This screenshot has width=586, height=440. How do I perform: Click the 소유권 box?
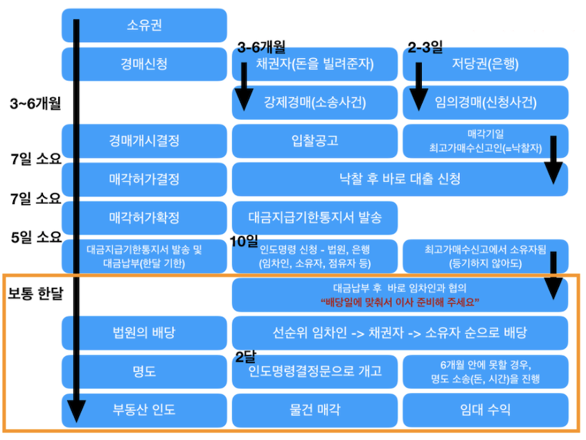pyautogui.click(x=144, y=26)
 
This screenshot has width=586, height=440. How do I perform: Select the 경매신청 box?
pyautogui.click(x=144, y=64)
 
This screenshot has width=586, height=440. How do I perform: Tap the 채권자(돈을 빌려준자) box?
pyautogui.click(x=315, y=64)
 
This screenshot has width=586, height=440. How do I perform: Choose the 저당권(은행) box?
pyautogui.click(x=486, y=64)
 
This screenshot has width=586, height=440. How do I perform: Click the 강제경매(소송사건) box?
pyautogui.click(x=315, y=102)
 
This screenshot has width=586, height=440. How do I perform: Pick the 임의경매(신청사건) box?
pyautogui.click(x=486, y=102)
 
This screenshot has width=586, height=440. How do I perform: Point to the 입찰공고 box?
pyautogui.click(x=315, y=141)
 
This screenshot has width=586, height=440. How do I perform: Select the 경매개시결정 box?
pyautogui.click(x=144, y=141)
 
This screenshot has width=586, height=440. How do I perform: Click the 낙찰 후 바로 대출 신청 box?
pyautogui.click(x=400, y=179)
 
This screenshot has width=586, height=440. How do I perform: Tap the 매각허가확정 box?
pyautogui.click(x=144, y=218)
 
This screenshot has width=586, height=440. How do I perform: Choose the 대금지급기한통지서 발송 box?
pyautogui.click(x=315, y=218)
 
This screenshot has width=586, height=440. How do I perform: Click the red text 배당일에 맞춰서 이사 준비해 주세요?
pyautogui.click(x=400, y=302)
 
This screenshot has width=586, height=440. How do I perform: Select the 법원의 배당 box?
pyautogui.click(x=144, y=333)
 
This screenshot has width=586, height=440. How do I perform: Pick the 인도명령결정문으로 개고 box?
pyautogui.click(x=315, y=371)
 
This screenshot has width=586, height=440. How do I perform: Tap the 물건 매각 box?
pyautogui.click(x=315, y=410)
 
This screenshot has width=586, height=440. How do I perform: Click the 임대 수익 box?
pyautogui.click(x=486, y=410)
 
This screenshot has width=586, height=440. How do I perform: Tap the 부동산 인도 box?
pyautogui.click(x=144, y=410)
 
